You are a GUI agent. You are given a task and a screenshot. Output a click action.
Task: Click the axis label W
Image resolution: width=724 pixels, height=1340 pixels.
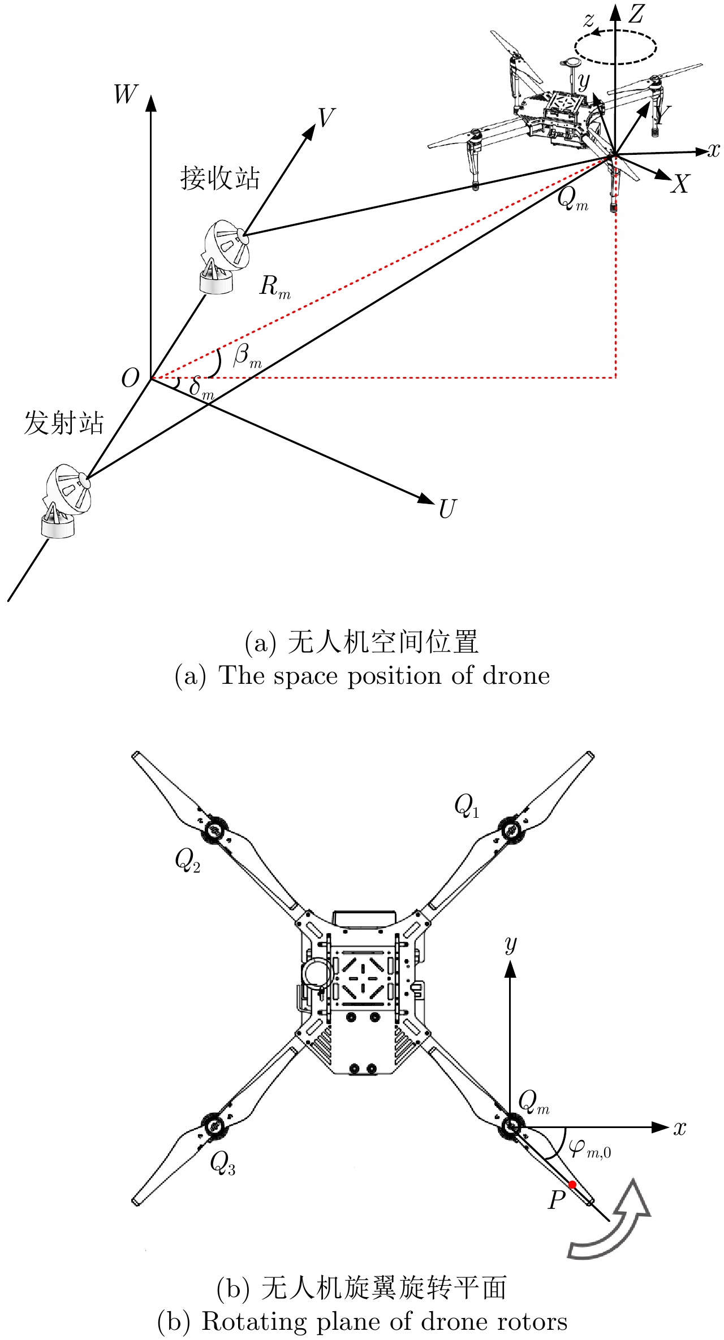126,94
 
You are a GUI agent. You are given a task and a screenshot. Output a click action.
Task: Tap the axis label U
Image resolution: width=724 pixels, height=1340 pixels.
447,509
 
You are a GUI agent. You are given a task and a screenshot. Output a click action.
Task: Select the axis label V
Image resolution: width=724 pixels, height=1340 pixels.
326,118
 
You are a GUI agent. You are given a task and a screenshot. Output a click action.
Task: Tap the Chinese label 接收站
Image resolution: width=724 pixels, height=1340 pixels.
220,178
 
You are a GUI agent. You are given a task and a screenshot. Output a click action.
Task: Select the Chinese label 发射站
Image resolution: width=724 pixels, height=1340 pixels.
64,423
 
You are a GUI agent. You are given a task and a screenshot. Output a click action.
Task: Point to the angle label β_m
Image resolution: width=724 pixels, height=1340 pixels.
247,357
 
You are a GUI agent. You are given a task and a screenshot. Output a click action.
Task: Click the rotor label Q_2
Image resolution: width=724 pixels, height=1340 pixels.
187,861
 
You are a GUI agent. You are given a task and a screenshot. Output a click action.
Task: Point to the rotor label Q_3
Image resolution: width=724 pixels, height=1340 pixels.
222,1163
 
